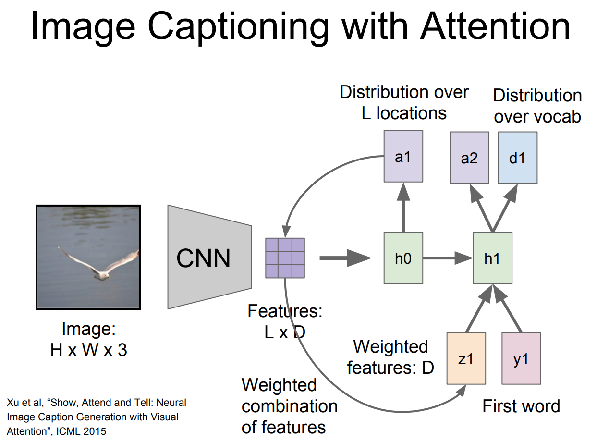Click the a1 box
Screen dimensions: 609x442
(x=403, y=156)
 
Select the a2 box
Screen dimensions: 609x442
(x=469, y=158)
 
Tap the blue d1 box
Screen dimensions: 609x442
(x=518, y=158)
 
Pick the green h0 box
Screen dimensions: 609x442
(x=403, y=258)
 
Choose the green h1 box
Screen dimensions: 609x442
(x=493, y=258)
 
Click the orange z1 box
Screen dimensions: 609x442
(x=466, y=358)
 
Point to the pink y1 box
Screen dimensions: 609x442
(x=521, y=358)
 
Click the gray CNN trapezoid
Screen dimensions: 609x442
(x=209, y=257)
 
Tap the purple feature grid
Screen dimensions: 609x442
(x=285, y=258)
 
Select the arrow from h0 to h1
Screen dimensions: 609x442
(x=448, y=258)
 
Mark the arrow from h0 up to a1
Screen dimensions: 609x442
(x=403, y=207)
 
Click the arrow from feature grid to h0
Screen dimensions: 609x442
(x=345, y=258)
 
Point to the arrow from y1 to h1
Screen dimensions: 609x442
(x=507, y=308)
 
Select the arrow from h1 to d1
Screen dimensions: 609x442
(x=505, y=208)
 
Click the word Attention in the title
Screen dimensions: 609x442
(x=495, y=26)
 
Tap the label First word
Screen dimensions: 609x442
(x=521, y=406)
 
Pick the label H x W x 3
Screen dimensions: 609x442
(x=89, y=350)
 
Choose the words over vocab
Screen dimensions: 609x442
(x=537, y=117)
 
